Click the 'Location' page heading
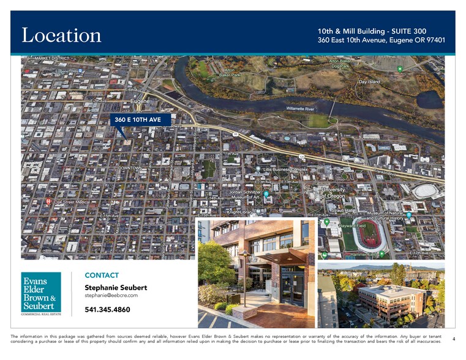pos(61,35)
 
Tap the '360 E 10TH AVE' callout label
pos(141,120)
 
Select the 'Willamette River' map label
pos(300,108)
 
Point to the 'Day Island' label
pos(369,81)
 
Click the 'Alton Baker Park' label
pos(227,72)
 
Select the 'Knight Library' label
pos(240,212)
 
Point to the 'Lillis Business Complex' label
pos(285,168)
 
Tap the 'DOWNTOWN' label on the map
pos(130,168)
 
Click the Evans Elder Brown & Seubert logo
pos(42,293)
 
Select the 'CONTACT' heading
pos(102,276)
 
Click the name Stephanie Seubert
pos(115,287)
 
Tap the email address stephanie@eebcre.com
pos(111,296)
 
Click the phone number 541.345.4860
pos(107,310)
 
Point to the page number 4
pos(453,339)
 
